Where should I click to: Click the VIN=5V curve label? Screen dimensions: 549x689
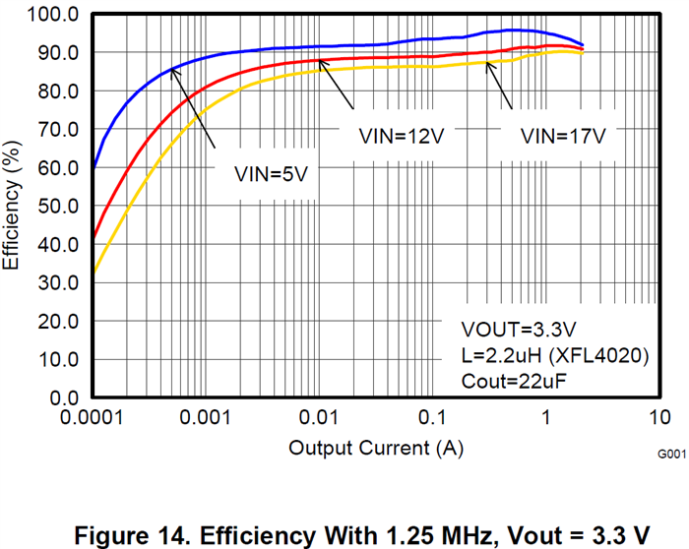272,173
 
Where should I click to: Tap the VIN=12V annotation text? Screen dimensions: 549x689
402,137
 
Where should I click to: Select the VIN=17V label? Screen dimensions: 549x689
562,137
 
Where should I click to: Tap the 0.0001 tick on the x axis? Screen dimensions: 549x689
94,417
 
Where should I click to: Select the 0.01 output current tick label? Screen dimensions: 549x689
319,417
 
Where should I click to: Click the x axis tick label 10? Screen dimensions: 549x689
659,417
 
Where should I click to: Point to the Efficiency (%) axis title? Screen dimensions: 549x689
13,206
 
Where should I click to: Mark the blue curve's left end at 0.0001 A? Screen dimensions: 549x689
94,166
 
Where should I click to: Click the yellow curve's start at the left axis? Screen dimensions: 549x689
94,272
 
